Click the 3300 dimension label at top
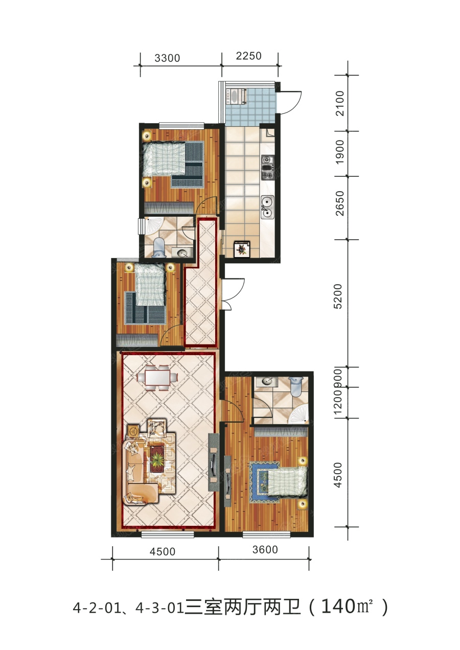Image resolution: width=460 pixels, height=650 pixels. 167,58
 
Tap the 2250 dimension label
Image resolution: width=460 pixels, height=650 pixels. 249,56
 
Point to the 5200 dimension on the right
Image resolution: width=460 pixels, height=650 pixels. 338,296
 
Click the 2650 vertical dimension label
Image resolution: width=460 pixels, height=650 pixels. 339,203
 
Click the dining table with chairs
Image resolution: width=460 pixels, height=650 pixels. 157,378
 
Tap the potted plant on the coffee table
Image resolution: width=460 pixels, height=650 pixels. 158,459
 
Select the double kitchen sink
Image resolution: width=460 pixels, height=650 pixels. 267,207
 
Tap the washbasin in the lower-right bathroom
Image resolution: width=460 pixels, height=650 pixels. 266,382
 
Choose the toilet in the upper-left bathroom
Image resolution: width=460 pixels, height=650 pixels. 159,247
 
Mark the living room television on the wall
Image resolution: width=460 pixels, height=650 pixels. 214,462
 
